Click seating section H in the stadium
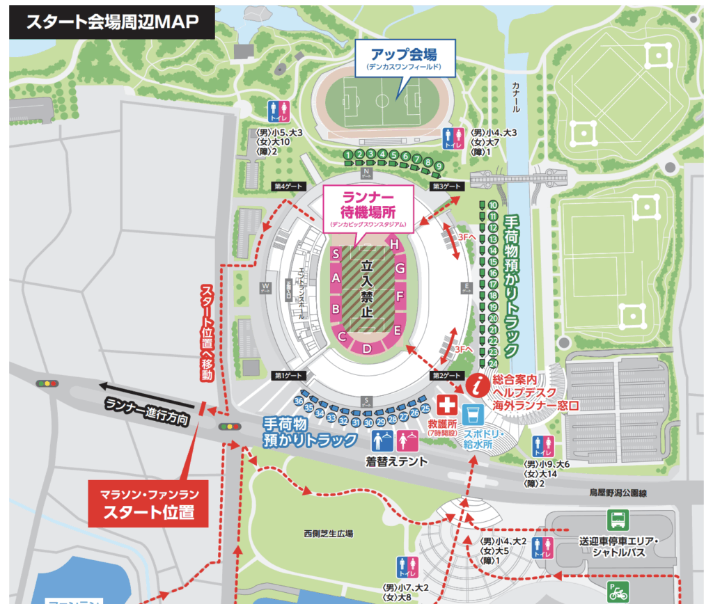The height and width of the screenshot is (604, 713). coord(395,244)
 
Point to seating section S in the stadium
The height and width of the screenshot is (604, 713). coord(336,255)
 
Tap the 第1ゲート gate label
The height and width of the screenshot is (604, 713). coord(288,376)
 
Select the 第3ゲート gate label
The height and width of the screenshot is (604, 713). coord(447,186)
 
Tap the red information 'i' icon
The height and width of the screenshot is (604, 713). coord(478,383)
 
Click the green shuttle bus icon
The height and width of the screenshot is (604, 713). coord(618,518)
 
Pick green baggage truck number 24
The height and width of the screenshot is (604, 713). coord(493,363)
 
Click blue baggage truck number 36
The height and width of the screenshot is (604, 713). coord(299,401)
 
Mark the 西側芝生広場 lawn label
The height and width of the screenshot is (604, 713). coord(328,533)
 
